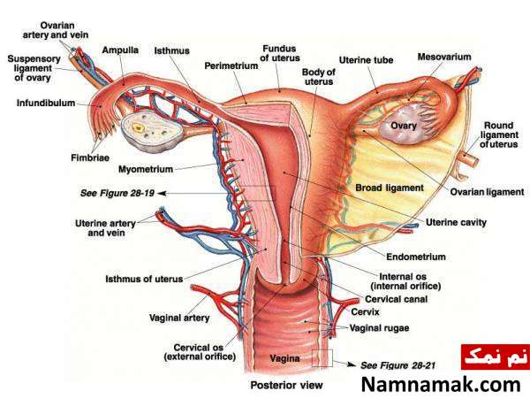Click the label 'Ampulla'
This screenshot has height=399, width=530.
(x=120, y=50)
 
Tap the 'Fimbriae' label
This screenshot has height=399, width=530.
(x=90, y=157)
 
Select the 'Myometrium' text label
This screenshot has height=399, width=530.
(x=146, y=169)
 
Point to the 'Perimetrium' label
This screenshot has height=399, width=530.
(x=231, y=65)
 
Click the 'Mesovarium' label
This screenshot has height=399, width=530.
(x=444, y=57)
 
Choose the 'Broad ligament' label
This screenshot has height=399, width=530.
(x=390, y=188)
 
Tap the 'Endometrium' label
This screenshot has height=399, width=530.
(x=416, y=257)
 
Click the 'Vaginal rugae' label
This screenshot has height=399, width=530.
(x=379, y=328)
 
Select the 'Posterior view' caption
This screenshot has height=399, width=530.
(x=286, y=385)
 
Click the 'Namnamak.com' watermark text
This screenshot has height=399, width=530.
(x=441, y=385)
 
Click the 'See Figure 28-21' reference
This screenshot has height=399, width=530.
(x=397, y=365)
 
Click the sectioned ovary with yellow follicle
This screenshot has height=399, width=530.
(x=151, y=132)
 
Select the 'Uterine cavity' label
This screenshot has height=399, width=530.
(x=456, y=222)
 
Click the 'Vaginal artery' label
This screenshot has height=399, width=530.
(x=179, y=318)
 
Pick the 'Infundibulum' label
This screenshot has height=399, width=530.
(x=46, y=103)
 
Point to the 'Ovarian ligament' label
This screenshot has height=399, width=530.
(x=487, y=192)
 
